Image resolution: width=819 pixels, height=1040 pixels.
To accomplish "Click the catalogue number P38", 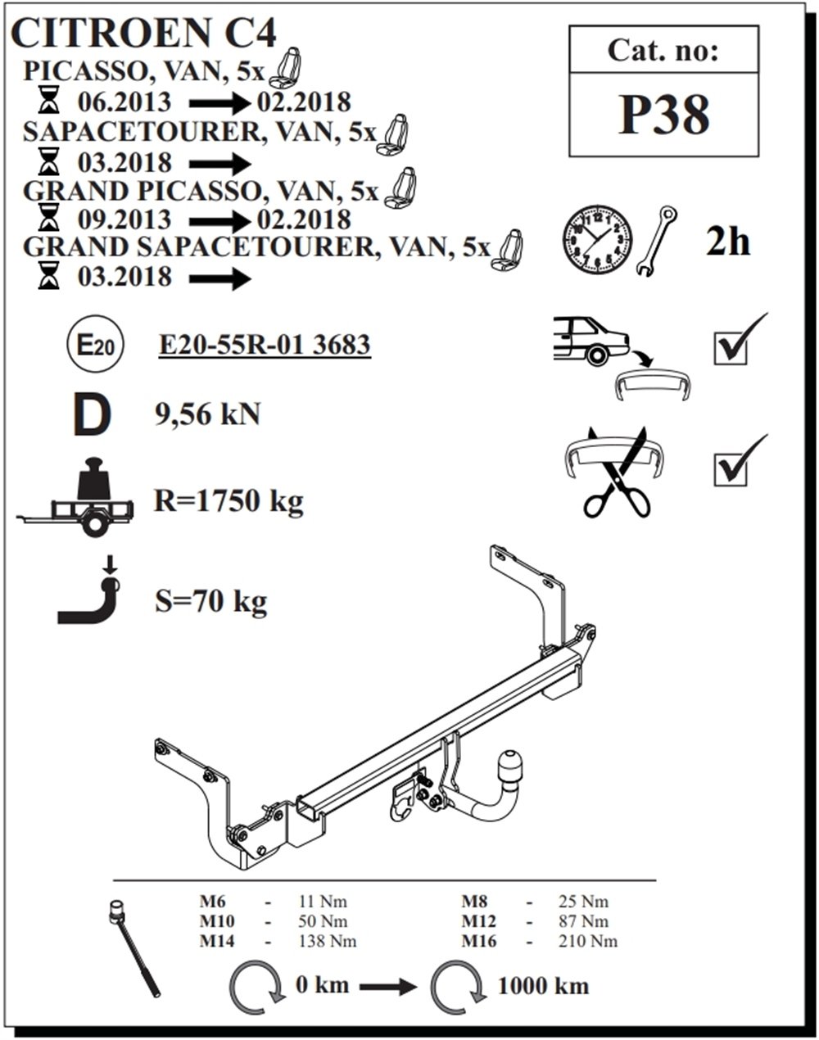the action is [664, 115].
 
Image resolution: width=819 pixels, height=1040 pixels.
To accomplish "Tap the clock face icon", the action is [598, 240].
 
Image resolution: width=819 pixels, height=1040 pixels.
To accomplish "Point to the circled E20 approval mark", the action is [95, 345].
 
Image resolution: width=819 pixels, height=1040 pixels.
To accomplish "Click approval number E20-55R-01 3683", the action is [265, 345].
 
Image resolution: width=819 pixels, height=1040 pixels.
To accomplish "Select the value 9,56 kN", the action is [208, 415].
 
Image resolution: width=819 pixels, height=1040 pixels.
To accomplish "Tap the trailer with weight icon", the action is [75, 497].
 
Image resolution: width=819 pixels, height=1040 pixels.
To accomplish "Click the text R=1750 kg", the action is [229, 501].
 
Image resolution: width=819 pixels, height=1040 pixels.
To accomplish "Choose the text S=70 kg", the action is [210, 602].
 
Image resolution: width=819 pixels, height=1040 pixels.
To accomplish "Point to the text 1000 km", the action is [544, 986].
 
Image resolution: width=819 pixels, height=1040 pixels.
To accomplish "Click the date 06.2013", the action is [124, 102].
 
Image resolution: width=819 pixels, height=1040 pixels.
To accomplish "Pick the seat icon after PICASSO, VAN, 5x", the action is [285, 67].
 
